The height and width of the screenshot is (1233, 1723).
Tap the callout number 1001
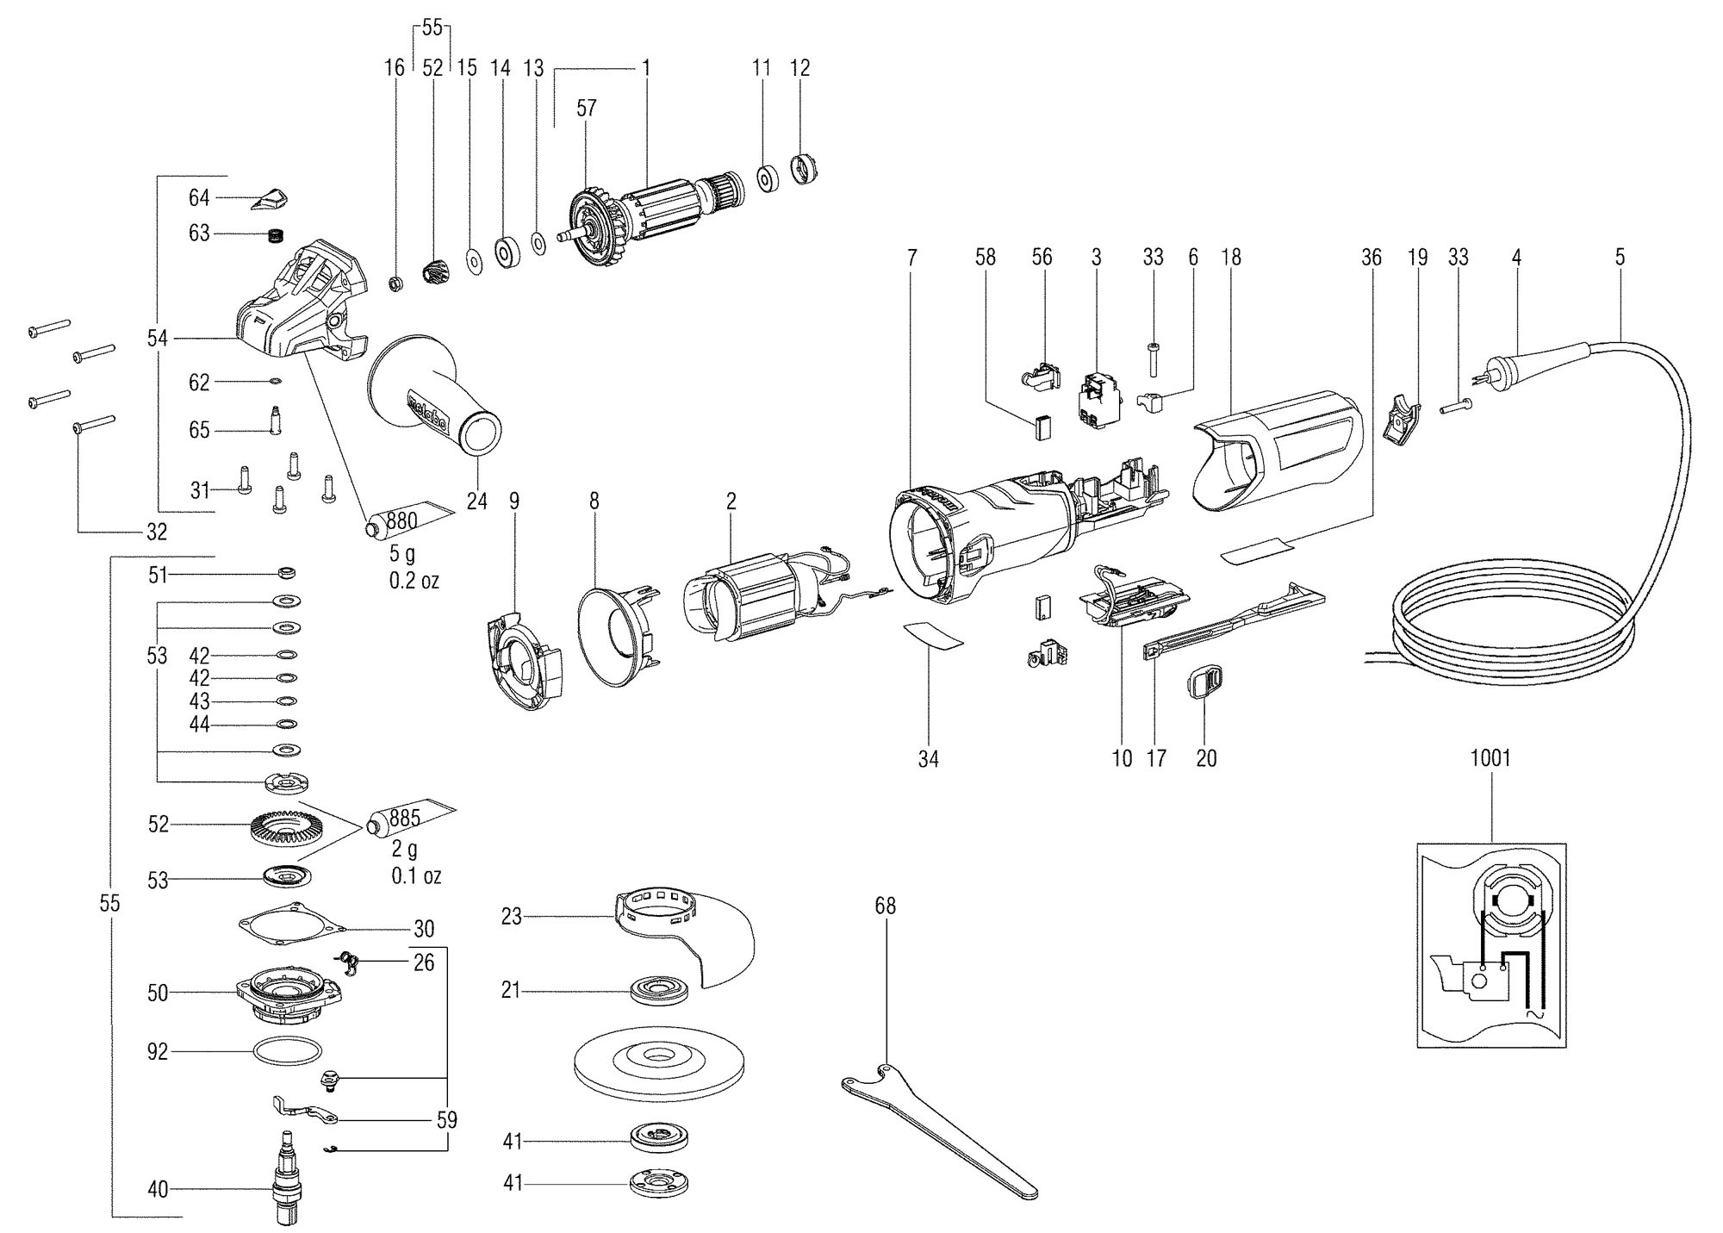pyautogui.click(x=1490, y=759)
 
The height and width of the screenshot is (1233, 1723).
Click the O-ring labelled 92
pyautogui.click(x=288, y=1052)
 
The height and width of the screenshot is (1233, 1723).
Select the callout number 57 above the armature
pyautogui.click(x=587, y=109)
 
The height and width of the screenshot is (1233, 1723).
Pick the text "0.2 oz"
pyautogui.click(x=414, y=581)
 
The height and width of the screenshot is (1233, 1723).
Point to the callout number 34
pyautogui.click(x=928, y=759)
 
